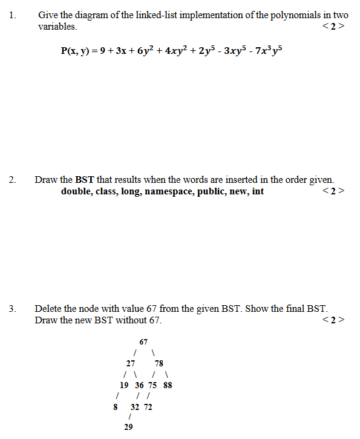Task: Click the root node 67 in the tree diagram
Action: (143, 342)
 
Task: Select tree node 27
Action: (130, 364)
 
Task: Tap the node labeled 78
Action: (159, 364)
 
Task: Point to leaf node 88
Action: (168, 385)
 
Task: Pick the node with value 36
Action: (139, 385)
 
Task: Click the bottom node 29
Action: (128, 427)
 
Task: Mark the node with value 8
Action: (115, 407)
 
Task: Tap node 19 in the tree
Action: (124, 385)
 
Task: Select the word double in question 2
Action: (75, 192)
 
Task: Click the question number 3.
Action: (12, 309)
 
